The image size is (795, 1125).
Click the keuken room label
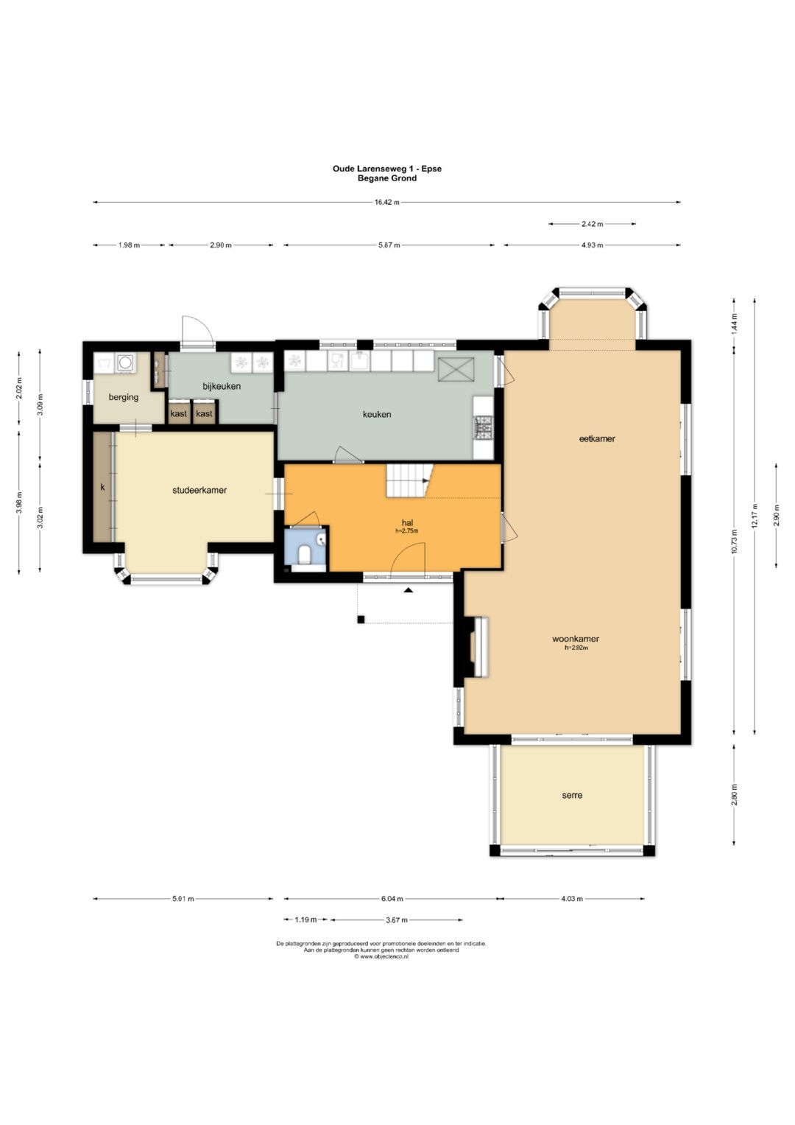tap(376, 414)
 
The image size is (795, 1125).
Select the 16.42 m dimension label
tap(387, 203)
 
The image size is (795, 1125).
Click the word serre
tap(572, 794)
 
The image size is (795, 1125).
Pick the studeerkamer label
tap(199, 490)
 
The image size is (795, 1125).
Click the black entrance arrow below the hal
tap(408, 589)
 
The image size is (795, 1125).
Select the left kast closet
tap(179, 413)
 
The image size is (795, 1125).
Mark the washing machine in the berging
tap(125, 363)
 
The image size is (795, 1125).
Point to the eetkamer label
tap(597, 438)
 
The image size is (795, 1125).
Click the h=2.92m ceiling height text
tap(576, 648)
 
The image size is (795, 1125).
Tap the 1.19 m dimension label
tap(305, 919)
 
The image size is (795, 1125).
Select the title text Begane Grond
tap(387, 178)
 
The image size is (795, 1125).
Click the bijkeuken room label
tap(222, 386)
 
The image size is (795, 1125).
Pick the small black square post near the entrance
tap(361, 620)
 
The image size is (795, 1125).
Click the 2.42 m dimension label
tap(592, 224)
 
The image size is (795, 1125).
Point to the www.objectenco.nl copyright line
tap(381, 957)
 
